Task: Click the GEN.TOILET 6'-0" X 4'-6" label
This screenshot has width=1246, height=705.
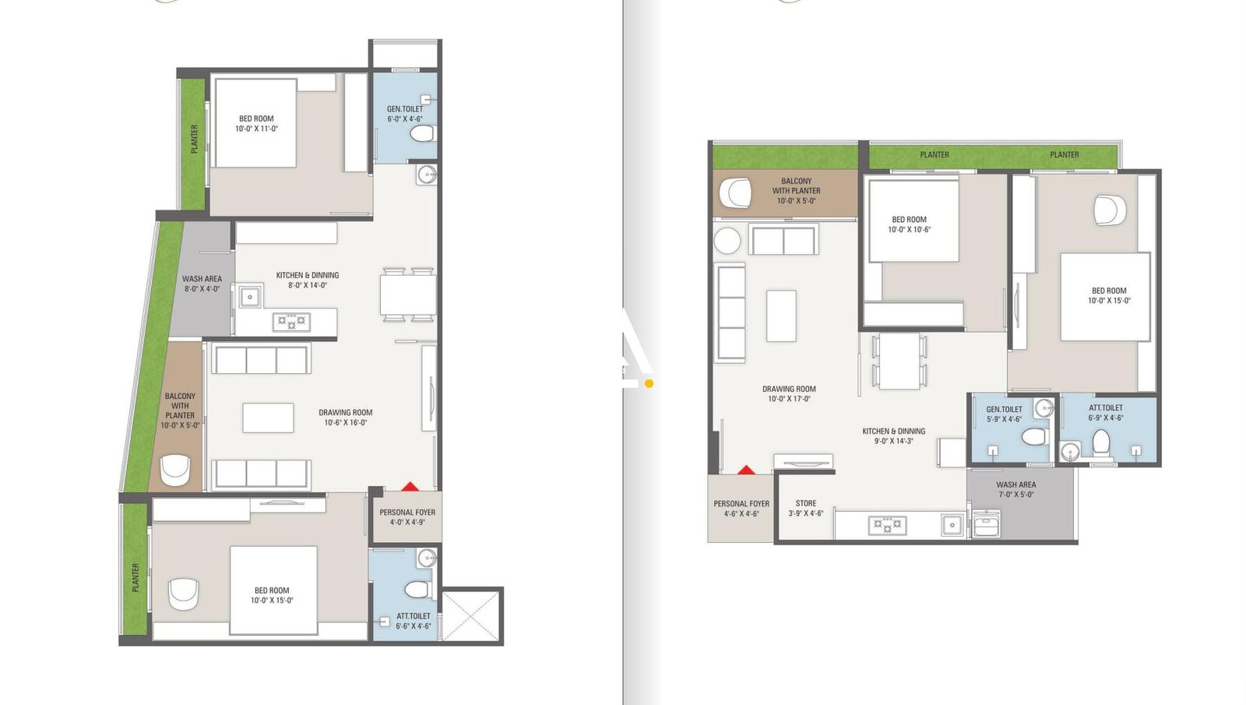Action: click(405, 115)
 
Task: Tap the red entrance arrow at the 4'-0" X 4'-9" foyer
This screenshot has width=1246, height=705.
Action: click(410, 487)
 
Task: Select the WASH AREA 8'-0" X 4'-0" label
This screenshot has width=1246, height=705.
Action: click(202, 284)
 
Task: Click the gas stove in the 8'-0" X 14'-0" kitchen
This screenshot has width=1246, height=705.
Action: click(291, 321)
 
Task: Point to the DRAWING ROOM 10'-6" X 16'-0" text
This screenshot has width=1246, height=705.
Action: click(345, 418)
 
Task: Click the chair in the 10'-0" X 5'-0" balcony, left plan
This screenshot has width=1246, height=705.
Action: click(175, 470)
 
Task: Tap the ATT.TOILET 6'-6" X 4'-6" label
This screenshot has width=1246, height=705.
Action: click(413, 621)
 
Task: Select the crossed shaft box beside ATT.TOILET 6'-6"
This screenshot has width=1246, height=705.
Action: click(470, 615)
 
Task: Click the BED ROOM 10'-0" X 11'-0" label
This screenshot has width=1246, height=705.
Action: click(256, 124)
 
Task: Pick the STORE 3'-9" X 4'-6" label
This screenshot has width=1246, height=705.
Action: click(805, 509)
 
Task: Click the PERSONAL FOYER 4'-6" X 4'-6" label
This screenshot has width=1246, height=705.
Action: click(741, 509)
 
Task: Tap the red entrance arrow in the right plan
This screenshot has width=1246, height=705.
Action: click(746, 470)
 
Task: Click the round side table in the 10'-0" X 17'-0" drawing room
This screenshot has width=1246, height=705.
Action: click(727, 240)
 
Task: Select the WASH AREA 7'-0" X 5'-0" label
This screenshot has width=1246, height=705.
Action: click(1015, 489)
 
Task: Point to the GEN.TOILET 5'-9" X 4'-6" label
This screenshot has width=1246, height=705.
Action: click(1004, 414)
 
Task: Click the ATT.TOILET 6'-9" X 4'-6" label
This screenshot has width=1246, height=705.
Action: click(1105, 413)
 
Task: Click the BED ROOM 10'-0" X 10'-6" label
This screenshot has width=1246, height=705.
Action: click(909, 224)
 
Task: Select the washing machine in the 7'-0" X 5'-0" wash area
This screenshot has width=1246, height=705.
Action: click(987, 523)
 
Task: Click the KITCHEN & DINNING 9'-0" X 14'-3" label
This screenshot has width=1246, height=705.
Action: click(893, 435)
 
